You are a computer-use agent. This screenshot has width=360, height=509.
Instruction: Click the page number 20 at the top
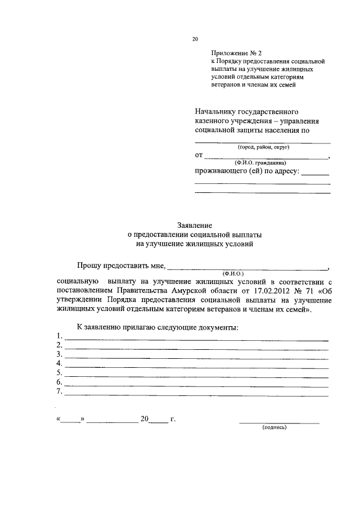195,39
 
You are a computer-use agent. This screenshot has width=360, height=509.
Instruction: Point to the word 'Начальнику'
217,111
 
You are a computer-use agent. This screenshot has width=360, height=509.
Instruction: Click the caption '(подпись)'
274,427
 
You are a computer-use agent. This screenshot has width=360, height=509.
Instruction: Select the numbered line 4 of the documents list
197,367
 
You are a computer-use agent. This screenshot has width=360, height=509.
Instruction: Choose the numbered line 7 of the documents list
197,394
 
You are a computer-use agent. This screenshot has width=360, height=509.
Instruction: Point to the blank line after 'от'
266,158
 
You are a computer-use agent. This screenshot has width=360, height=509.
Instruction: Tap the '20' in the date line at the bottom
145,420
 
